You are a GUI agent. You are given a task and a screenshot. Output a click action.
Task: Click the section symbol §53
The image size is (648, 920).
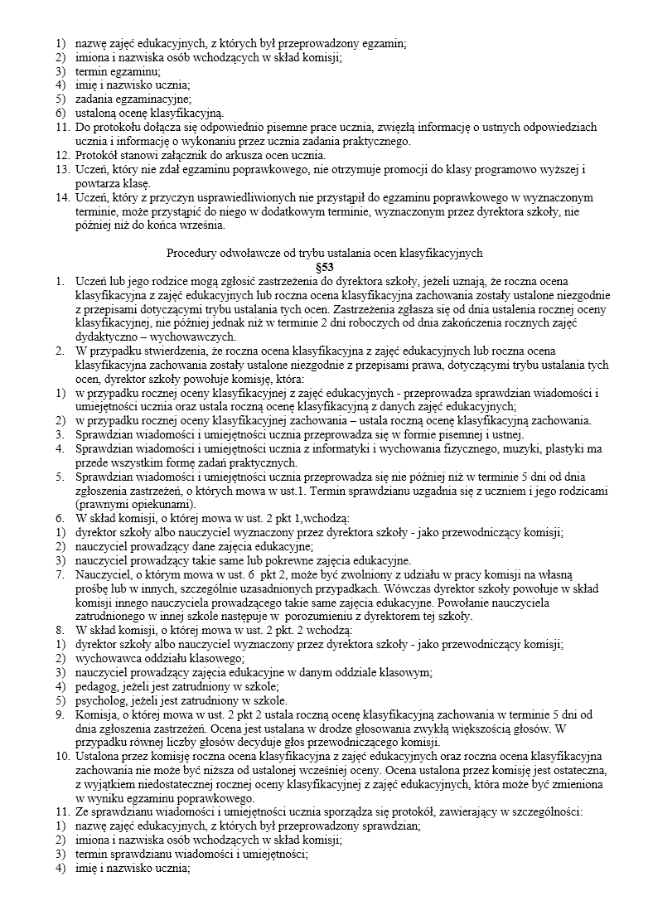324,267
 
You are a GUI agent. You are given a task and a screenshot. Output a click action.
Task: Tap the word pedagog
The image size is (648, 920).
95,687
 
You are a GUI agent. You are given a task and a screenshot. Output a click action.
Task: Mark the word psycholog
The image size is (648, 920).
99,701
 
